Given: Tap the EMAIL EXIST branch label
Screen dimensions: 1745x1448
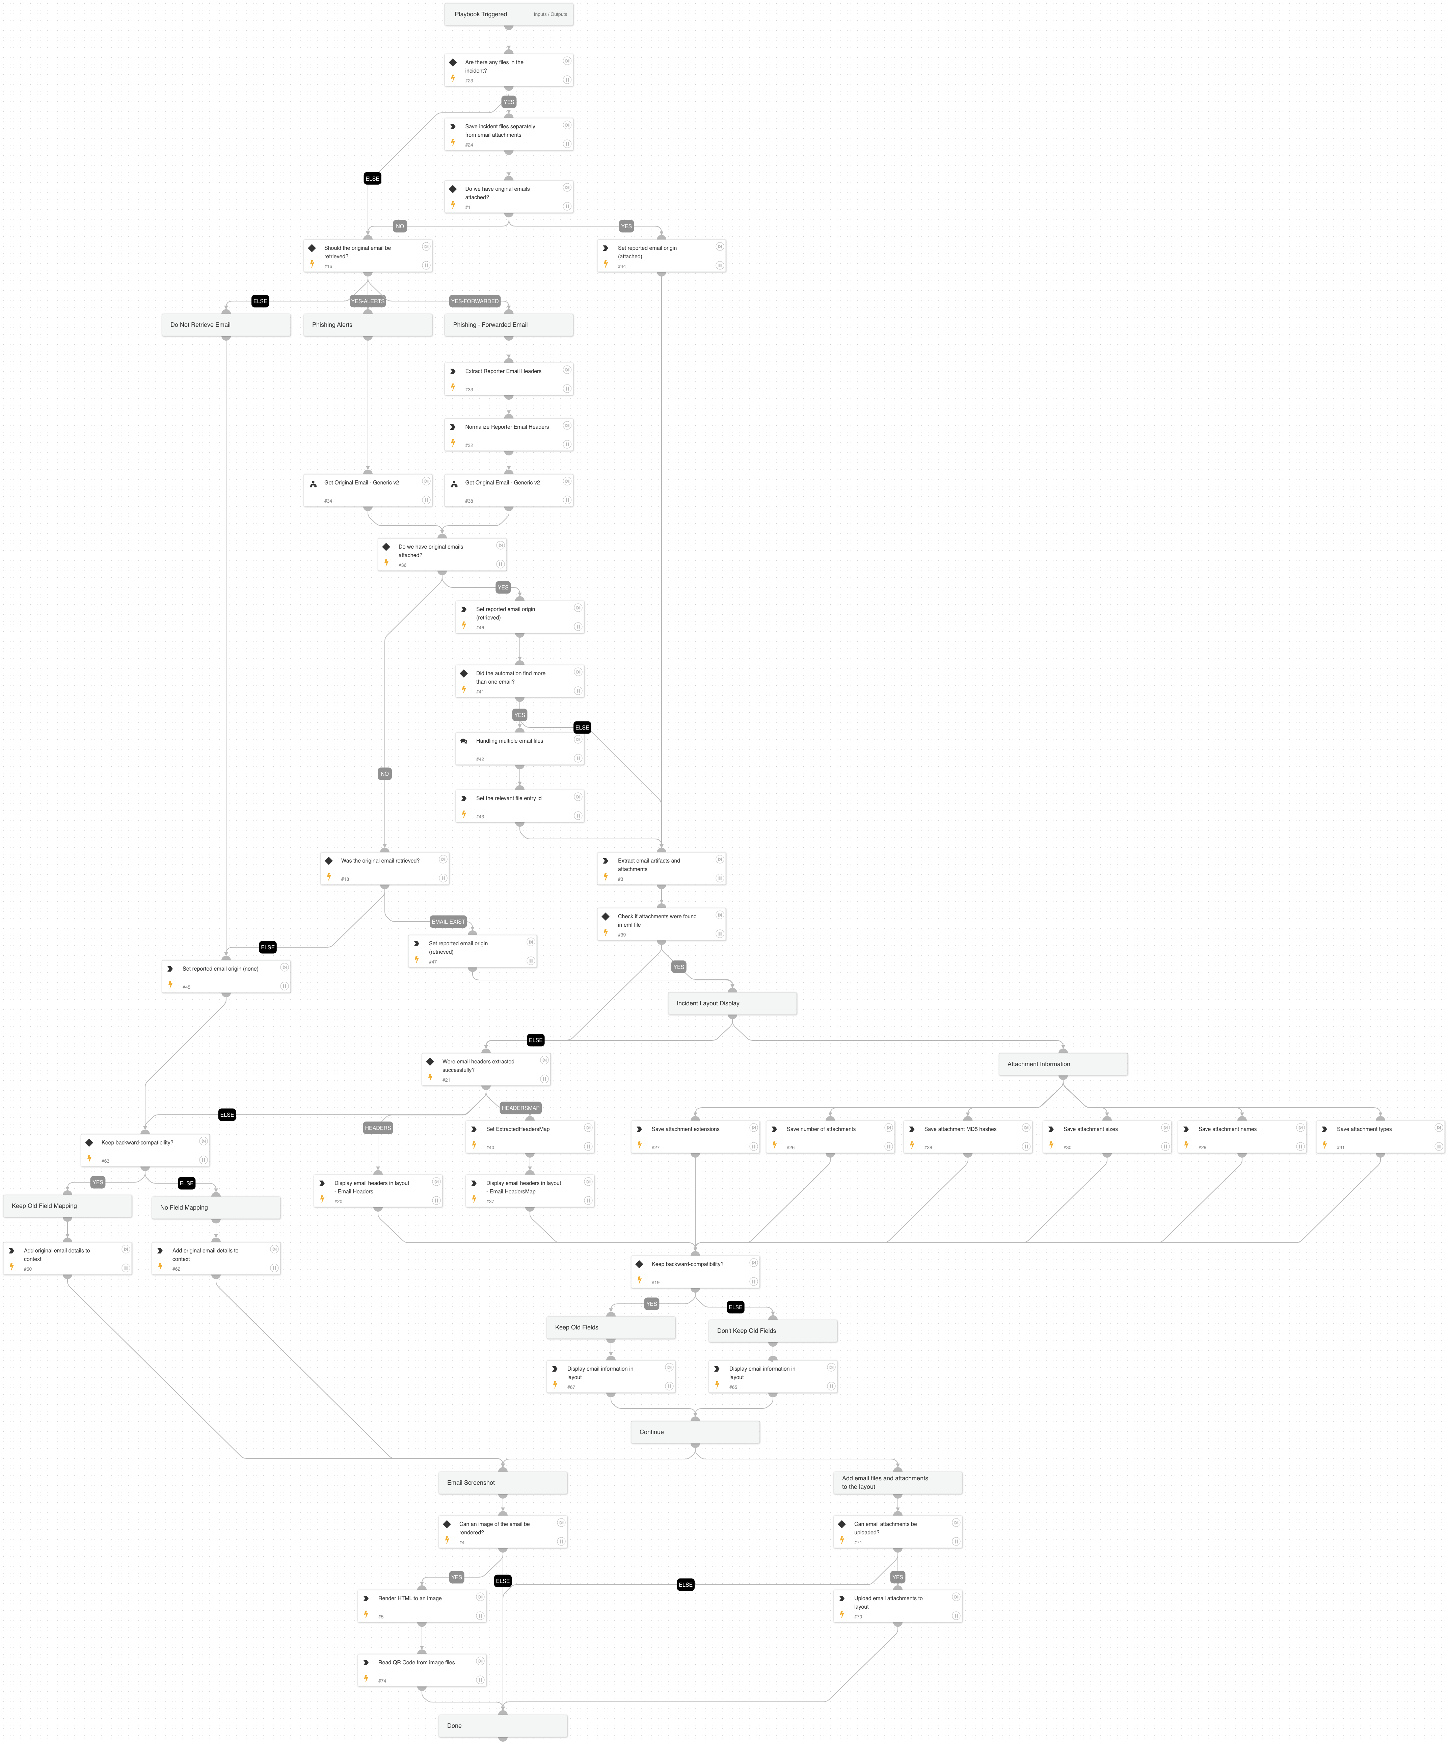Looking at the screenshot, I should [x=448, y=922].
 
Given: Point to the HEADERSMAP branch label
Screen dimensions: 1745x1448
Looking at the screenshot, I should [x=520, y=1108].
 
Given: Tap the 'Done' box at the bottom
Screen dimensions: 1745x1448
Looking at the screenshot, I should [x=503, y=1726].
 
